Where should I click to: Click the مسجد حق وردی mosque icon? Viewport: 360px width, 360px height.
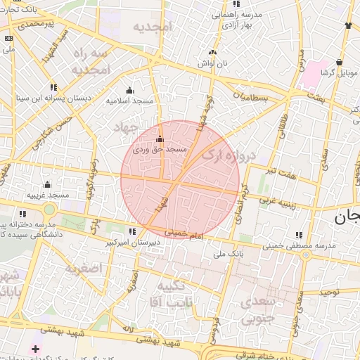(160, 139)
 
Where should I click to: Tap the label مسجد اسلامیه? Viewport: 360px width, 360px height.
(129, 101)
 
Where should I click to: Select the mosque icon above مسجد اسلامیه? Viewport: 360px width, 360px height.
(129, 90)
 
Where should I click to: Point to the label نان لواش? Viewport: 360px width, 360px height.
(212, 63)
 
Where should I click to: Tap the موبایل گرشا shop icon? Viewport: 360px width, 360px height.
(340, 62)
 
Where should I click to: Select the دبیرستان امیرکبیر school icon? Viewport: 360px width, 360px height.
(132, 231)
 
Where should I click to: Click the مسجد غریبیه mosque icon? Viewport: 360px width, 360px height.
(47, 184)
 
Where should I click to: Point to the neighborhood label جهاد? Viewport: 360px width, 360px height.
(127, 127)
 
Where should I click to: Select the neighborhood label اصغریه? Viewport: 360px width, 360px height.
(84, 268)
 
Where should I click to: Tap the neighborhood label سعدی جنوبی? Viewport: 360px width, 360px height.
(259, 310)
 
